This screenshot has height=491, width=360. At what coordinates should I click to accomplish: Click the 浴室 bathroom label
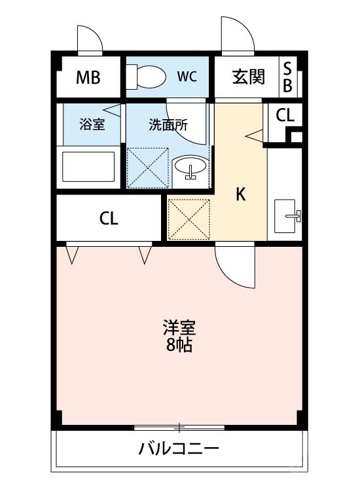(92, 124)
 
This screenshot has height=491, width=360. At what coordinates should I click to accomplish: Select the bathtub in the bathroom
(88, 168)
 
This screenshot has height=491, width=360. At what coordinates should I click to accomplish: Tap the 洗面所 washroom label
(168, 124)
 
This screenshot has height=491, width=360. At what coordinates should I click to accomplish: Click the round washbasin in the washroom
(190, 168)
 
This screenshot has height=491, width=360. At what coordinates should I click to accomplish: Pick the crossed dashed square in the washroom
(147, 168)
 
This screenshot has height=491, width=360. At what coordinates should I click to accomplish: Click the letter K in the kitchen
(241, 194)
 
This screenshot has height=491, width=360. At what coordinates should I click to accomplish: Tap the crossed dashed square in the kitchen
(189, 217)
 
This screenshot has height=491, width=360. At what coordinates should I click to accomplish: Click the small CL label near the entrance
(285, 116)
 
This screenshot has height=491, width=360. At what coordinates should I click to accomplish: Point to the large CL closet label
(109, 219)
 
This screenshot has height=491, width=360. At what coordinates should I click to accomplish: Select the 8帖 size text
(179, 344)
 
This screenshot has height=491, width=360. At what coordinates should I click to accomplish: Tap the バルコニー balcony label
(178, 450)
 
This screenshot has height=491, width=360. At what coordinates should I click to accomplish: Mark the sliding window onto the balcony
(179, 428)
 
